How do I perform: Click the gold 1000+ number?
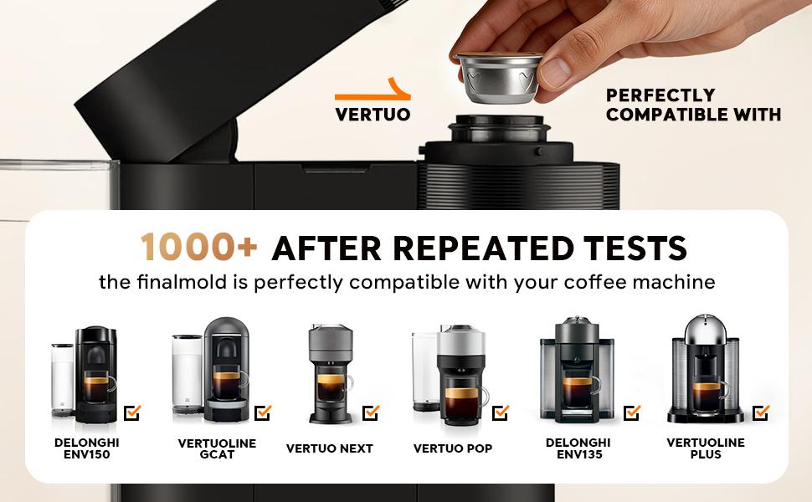pos(200,248)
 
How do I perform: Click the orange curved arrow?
pos(374,90)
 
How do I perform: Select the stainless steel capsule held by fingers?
pos(497,77)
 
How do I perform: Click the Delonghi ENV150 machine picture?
pos(87,375)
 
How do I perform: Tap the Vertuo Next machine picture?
pos(331,375)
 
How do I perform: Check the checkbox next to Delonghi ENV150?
pos(132,412)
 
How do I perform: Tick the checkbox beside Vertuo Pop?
pos(501,412)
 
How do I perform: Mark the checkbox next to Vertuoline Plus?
pos(761,412)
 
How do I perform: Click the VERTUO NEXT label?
pos(330,448)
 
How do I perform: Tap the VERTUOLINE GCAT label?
pos(217,448)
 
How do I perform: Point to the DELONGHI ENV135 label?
pos(578,448)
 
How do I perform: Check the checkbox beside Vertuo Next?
pos(371,412)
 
